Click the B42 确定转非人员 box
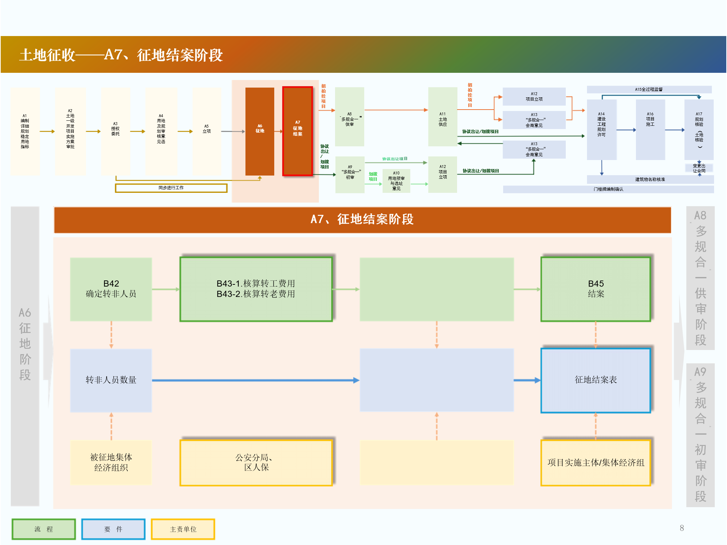[x=111, y=289]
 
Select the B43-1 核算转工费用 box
[x=256, y=289]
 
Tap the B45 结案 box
[x=596, y=289]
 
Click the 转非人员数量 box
[x=111, y=380]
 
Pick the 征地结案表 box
[x=596, y=380]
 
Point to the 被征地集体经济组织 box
[x=111, y=462]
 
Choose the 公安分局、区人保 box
[x=256, y=462]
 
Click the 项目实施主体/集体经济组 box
[x=596, y=462]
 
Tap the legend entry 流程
[x=44, y=529]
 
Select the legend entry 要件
[x=113, y=529]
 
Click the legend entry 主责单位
[x=183, y=529]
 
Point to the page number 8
[x=682, y=528]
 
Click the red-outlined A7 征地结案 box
[x=297, y=131]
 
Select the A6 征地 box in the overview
[x=259, y=131]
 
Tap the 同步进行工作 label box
[x=171, y=188]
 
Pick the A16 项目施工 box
[x=650, y=129]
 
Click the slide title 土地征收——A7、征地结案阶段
[x=121, y=55]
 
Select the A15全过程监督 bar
[x=649, y=89]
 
